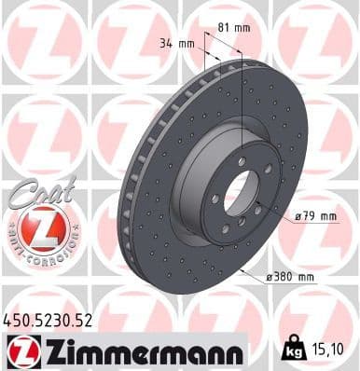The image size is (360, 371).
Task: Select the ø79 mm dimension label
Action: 314,216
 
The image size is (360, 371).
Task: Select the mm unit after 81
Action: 242,26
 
